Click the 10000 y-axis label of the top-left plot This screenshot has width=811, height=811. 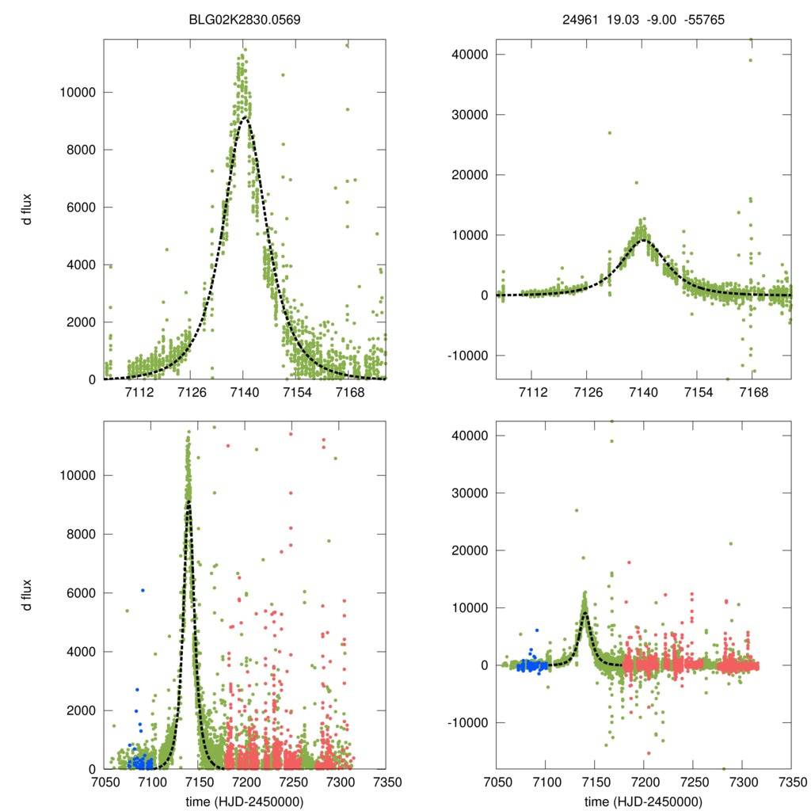click(x=78, y=92)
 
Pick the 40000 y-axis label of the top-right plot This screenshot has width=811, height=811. click(x=466, y=55)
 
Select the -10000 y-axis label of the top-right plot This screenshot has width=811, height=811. click(x=464, y=356)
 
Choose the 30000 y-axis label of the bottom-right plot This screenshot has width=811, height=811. click(x=466, y=493)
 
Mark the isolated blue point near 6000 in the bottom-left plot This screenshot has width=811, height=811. click(x=143, y=590)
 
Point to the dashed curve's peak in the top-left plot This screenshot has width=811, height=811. click(x=246, y=119)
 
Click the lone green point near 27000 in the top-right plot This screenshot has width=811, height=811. click(x=609, y=133)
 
